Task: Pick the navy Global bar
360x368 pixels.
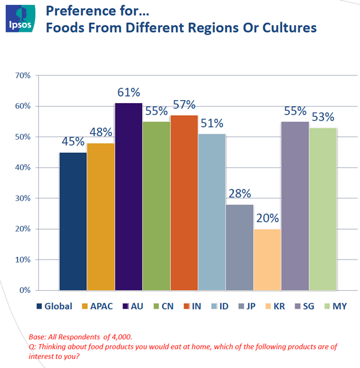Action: pyautogui.click(x=73, y=221)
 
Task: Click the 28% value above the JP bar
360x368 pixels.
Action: pyautogui.click(x=239, y=194)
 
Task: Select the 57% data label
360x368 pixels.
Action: pyautogui.click(x=184, y=104)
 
